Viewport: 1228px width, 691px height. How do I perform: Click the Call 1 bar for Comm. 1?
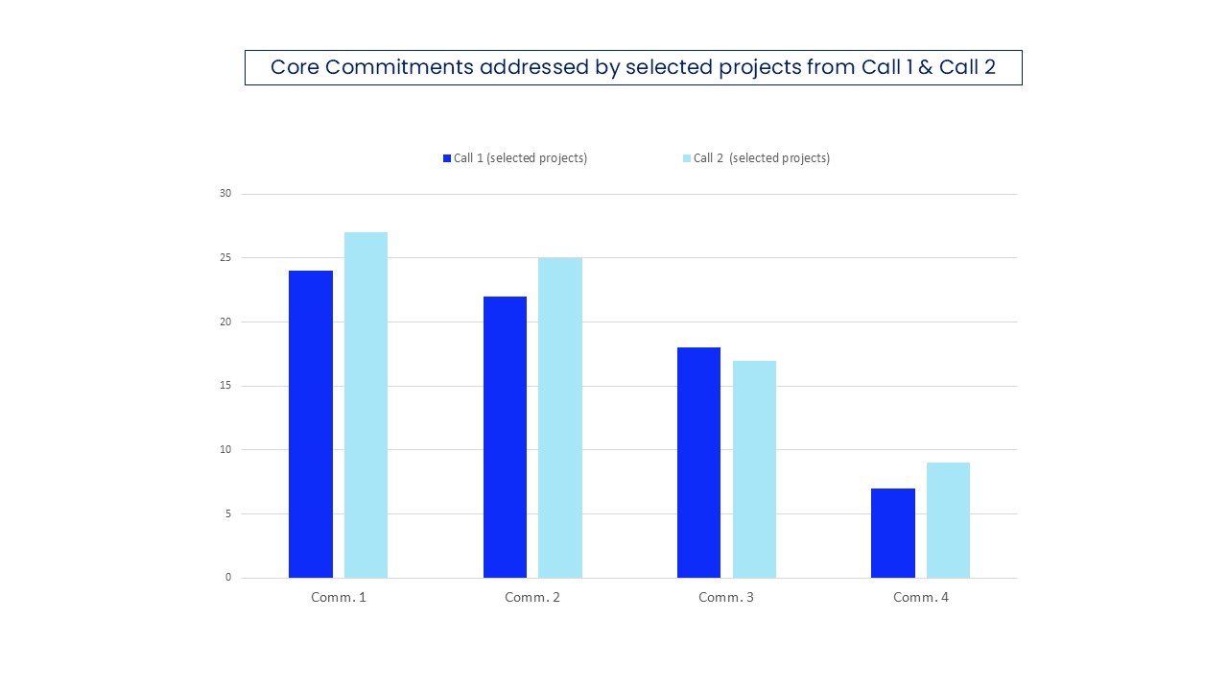(x=310, y=423)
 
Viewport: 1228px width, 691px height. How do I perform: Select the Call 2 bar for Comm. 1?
(x=366, y=404)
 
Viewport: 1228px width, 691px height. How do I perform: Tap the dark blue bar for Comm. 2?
(x=505, y=437)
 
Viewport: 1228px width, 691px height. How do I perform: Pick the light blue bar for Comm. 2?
(x=559, y=417)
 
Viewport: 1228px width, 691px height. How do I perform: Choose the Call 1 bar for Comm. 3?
(x=698, y=462)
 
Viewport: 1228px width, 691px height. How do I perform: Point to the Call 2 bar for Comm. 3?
(x=754, y=468)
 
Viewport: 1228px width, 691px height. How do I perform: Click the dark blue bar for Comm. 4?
(x=892, y=533)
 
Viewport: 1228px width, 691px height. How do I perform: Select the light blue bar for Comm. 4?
(x=948, y=519)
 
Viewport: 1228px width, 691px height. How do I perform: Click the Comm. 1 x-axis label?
(x=339, y=597)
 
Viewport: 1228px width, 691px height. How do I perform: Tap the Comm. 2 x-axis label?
(x=532, y=597)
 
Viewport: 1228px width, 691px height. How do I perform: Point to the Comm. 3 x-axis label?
(x=726, y=597)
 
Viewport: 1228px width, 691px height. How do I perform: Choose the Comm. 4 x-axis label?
(x=920, y=597)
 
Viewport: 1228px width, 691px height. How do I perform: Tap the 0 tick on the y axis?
(x=228, y=578)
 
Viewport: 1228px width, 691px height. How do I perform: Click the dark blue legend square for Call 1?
(x=447, y=158)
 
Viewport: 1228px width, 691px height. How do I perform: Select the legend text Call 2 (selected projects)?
(x=762, y=158)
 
